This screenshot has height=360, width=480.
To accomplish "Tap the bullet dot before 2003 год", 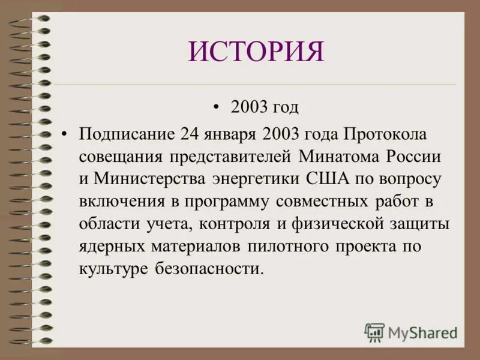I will pos(217,107).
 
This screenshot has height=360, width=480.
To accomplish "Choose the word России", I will pos(415,155).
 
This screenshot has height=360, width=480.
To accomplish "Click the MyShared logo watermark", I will pos(410,332).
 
